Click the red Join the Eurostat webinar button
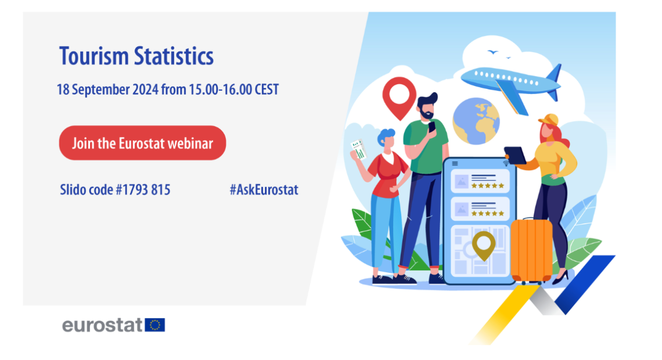(x=142, y=143)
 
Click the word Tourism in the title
(x=93, y=56)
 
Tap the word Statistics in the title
(x=174, y=56)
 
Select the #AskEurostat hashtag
(x=264, y=190)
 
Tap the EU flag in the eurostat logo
(x=155, y=325)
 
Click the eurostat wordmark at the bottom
(x=102, y=325)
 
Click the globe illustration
(x=476, y=121)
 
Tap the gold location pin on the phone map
(x=483, y=246)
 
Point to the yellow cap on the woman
(x=549, y=120)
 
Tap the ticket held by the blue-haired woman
(x=359, y=150)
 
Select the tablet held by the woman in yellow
(x=515, y=155)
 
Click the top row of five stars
(x=488, y=186)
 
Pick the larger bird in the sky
(x=492, y=52)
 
